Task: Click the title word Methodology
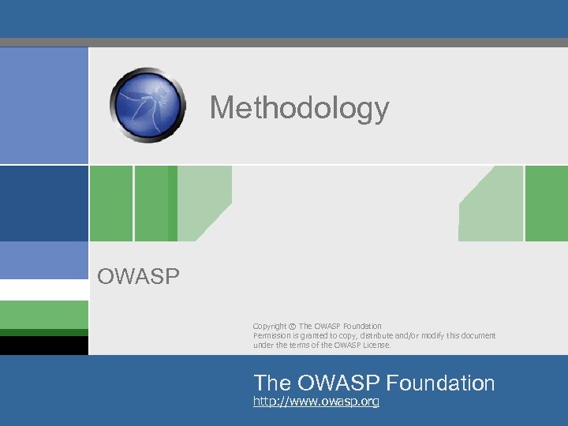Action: (x=299, y=108)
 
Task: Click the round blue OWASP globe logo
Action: (x=148, y=105)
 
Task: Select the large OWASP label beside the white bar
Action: (x=138, y=276)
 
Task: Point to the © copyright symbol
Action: (x=292, y=327)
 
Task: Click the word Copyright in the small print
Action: (x=270, y=327)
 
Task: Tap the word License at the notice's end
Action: (x=376, y=345)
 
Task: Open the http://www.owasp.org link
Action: (x=316, y=402)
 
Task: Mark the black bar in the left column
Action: (x=44, y=346)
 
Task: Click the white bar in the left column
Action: (x=44, y=290)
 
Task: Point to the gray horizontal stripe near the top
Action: (x=284, y=43)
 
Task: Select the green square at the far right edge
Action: (x=547, y=204)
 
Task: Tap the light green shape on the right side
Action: (x=493, y=209)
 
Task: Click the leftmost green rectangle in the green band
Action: (x=110, y=204)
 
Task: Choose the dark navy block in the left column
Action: (x=44, y=204)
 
